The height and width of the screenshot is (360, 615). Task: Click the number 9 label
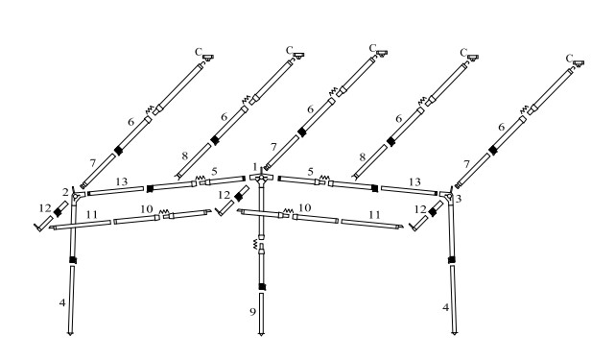[x=252, y=312]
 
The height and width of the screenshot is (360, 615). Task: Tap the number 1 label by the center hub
[x=255, y=167]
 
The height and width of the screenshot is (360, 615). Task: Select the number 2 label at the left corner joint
[x=65, y=192]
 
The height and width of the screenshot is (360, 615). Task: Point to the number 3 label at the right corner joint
[x=458, y=199]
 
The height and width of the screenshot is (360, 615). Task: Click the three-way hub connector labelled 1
[x=261, y=179]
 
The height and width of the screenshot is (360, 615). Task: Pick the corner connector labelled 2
[x=78, y=195]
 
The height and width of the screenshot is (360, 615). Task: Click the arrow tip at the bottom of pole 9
[x=261, y=335]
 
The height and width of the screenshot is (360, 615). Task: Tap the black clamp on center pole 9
[x=262, y=287]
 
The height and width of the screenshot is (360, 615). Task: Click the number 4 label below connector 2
[x=62, y=302]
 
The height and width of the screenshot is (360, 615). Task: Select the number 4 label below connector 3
[x=445, y=307]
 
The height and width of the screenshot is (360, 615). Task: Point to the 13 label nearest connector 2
[x=122, y=181]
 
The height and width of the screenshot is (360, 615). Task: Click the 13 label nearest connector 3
[x=414, y=181]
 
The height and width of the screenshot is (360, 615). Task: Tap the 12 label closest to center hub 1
[x=224, y=195]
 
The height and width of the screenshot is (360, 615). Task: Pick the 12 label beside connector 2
[x=45, y=208]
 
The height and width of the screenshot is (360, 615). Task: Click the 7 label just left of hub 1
[x=273, y=147]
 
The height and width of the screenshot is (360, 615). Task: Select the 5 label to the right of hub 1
[x=311, y=172]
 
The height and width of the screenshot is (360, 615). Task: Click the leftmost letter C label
[x=199, y=52]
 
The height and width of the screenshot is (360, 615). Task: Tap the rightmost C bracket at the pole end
[x=579, y=62]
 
